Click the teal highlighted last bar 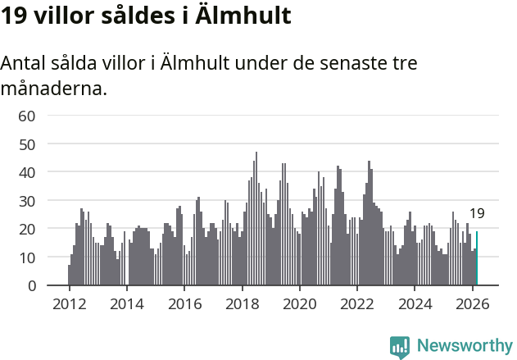click(477, 258)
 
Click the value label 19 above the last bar click(477, 214)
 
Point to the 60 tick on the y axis click(26, 116)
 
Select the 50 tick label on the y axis click(26, 144)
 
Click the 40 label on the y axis click(26, 172)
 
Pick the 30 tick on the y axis click(26, 201)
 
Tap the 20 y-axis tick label click(26, 229)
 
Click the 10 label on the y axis click(26, 257)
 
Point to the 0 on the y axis click(30, 286)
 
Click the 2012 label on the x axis click(69, 303)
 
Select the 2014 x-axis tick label click(126, 303)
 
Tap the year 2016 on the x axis click(184, 303)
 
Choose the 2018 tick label click(242, 303)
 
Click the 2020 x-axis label click(299, 303)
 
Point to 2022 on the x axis click(357, 303)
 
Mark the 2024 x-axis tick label click(415, 303)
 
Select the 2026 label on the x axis click(472, 303)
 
